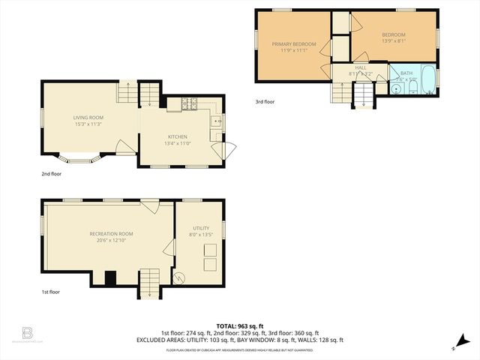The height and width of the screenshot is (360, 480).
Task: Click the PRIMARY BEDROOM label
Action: point(293,44)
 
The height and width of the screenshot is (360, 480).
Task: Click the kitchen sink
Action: point(216,121)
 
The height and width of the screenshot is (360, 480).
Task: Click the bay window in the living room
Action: point(79,158)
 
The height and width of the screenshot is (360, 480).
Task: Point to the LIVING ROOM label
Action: point(88,118)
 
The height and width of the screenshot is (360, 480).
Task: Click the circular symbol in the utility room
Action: point(179,277)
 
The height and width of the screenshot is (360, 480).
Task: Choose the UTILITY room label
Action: point(200,228)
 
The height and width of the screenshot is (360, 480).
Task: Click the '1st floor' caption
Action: point(50,292)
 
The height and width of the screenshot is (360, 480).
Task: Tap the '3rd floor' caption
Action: point(265,101)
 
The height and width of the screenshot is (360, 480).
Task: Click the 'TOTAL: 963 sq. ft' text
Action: point(239,326)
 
